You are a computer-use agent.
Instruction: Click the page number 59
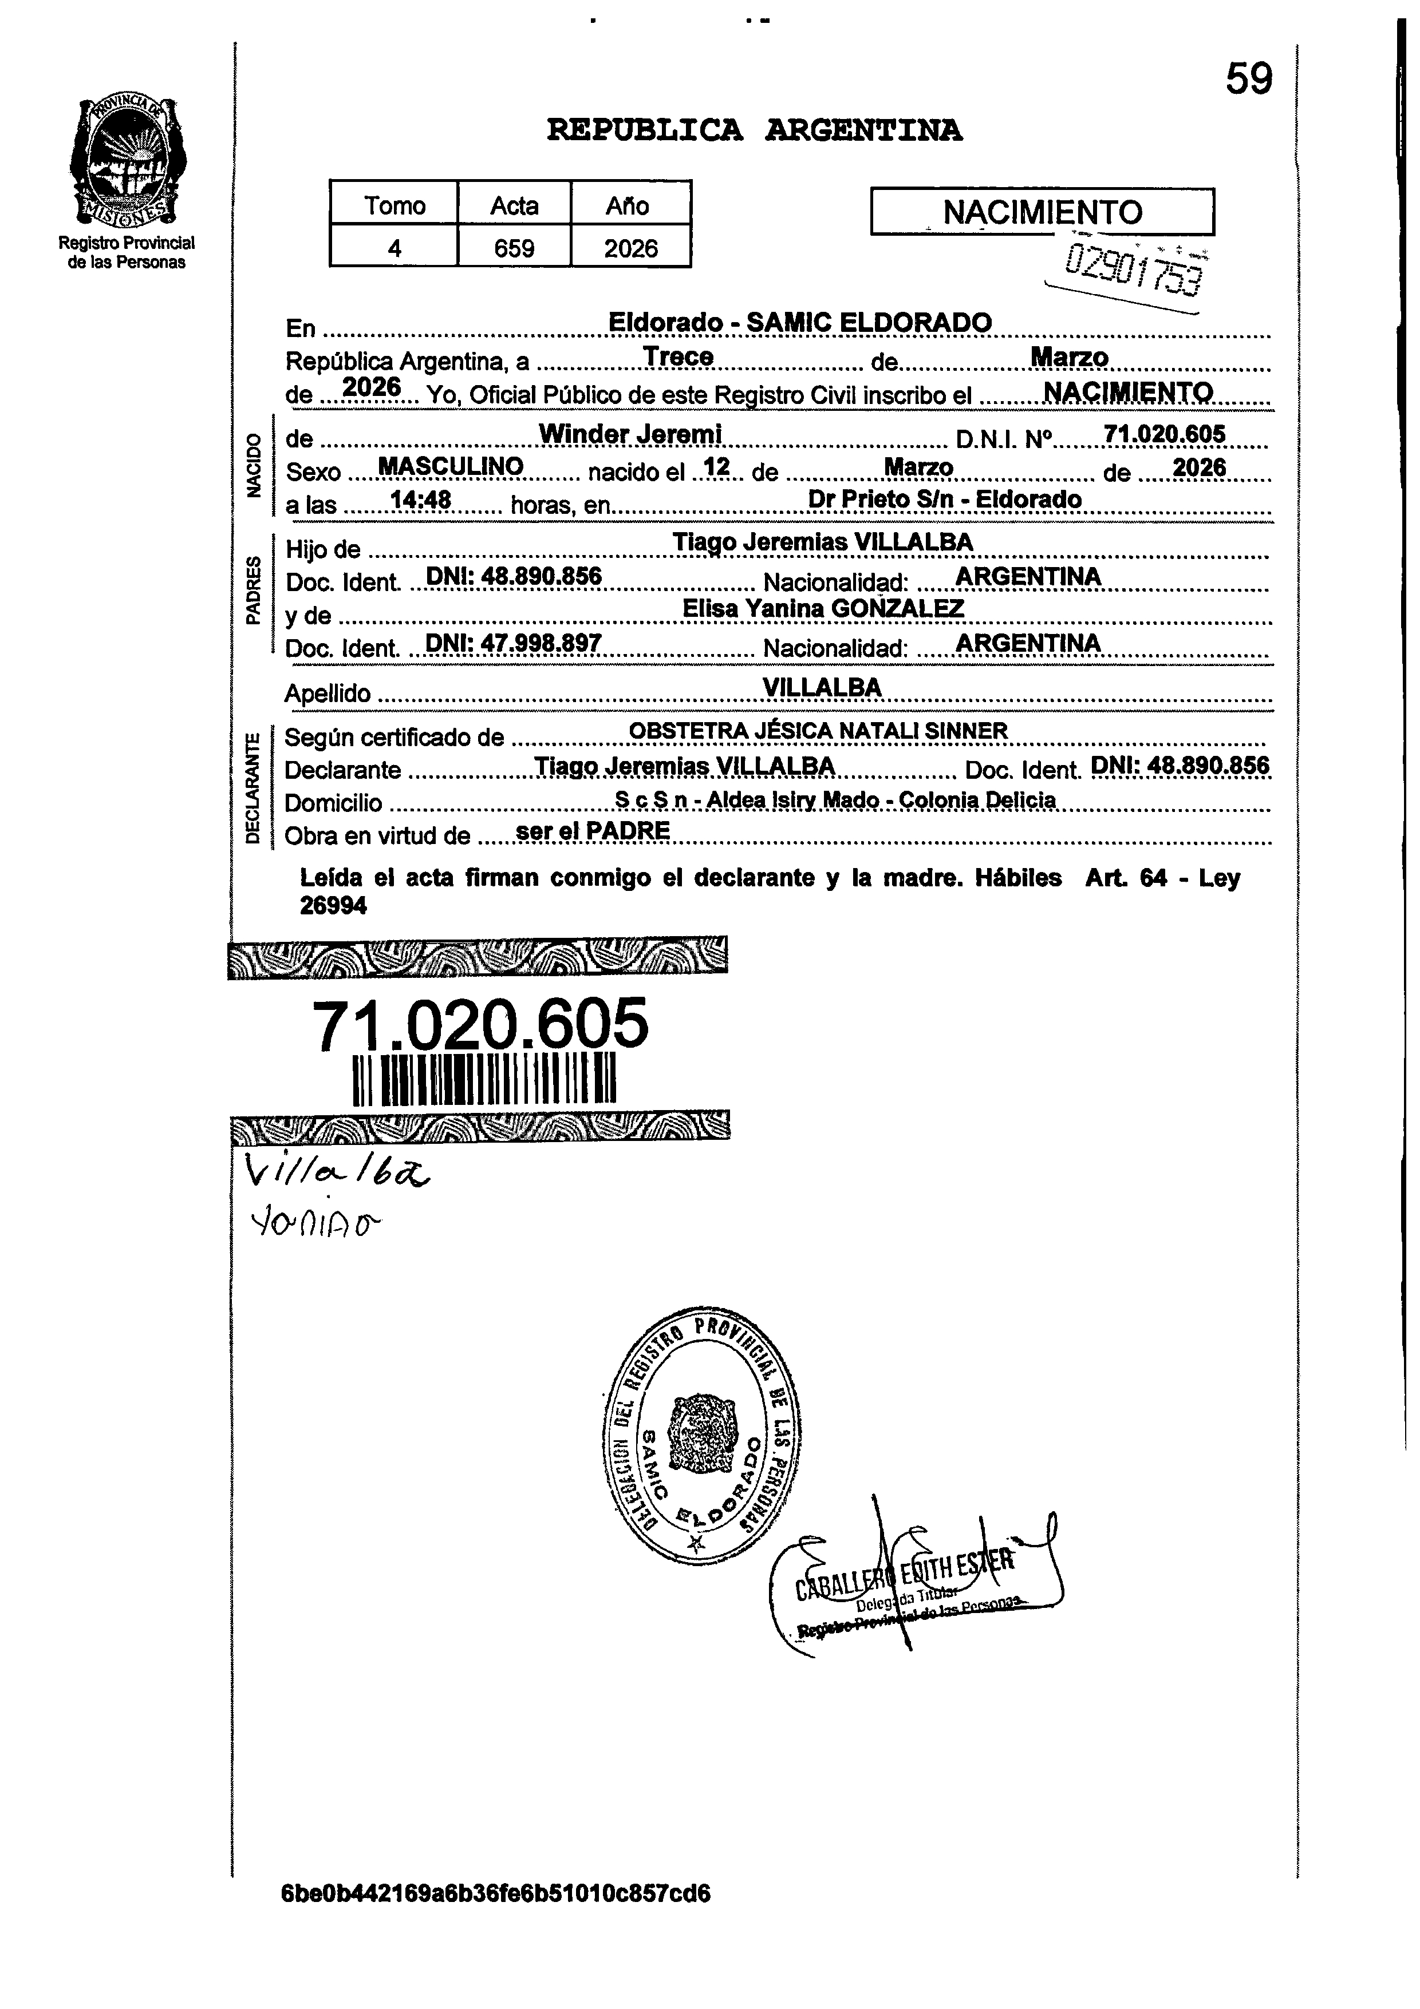[1248, 80]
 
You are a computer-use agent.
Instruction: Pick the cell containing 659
[514, 248]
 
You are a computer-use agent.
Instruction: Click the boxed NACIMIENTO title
[1042, 212]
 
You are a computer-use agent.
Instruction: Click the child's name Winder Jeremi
[629, 433]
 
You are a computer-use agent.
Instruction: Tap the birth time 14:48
[420, 500]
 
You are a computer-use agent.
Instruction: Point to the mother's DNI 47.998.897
[513, 643]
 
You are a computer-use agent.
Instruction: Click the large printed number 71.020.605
[480, 1024]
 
